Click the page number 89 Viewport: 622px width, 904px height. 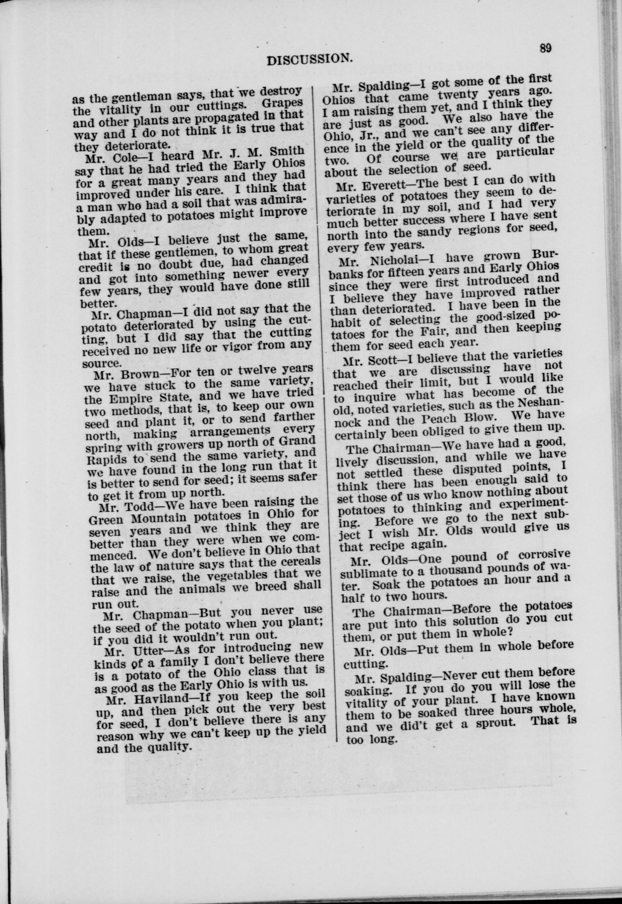(545, 48)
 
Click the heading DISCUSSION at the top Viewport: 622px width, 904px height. (310, 58)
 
